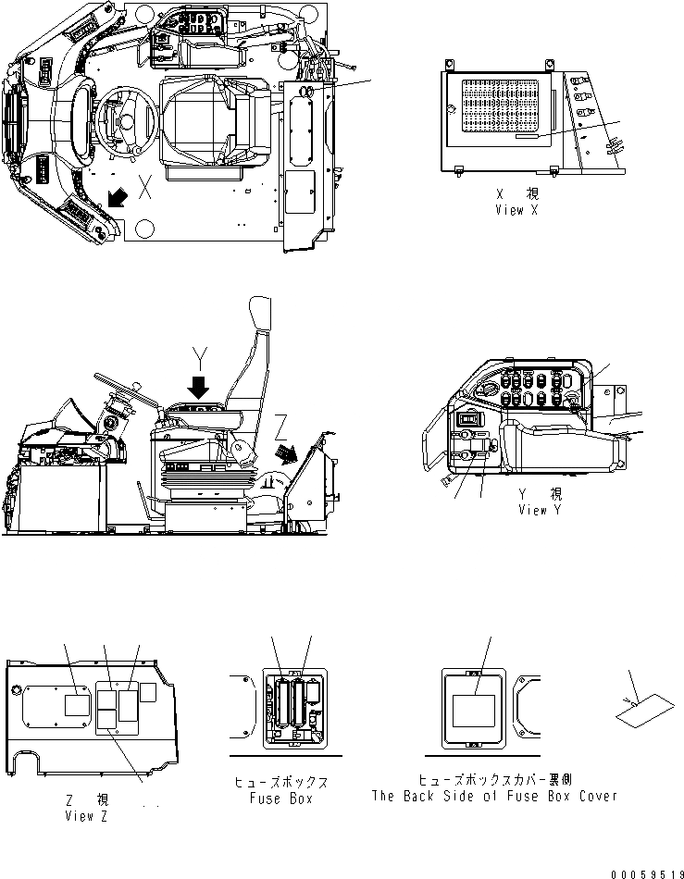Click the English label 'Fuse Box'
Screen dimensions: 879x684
point(281,798)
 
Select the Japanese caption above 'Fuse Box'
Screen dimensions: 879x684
point(281,782)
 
